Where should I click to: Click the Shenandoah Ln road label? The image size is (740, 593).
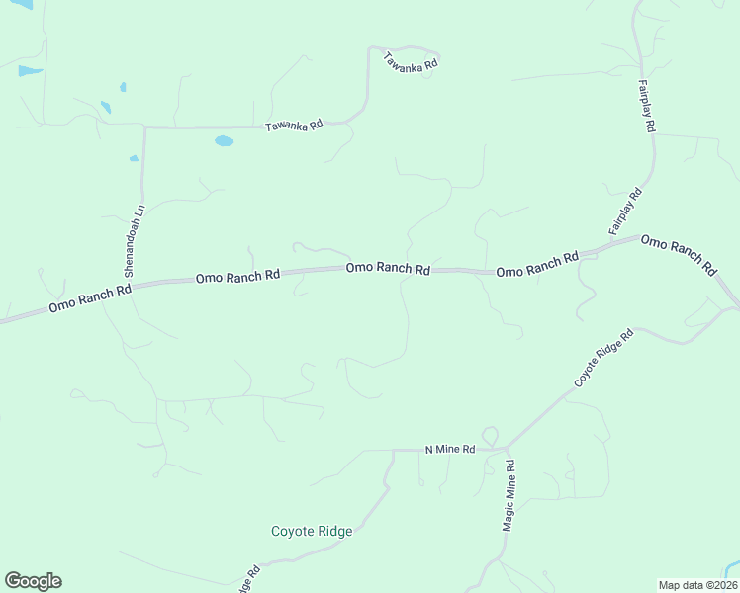[x=136, y=240]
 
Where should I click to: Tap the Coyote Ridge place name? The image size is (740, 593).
[x=312, y=531]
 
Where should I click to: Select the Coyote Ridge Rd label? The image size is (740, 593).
[x=604, y=359]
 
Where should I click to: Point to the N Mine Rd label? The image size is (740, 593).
[x=450, y=449]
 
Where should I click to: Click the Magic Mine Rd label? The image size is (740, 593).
[x=509, y=495]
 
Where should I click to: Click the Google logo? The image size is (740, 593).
[x=33, y=581]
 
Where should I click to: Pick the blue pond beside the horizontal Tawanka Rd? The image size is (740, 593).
[x=225, y=141]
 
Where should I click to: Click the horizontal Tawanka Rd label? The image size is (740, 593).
[x=295, y=126]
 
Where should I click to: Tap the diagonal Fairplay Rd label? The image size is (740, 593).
[x=625, y=212]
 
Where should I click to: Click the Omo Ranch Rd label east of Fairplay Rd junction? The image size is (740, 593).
[x=679, y=254]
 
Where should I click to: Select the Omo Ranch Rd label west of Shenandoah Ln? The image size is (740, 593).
[x=90, y=299]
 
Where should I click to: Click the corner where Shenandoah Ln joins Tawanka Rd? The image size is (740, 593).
[x=144, y=127]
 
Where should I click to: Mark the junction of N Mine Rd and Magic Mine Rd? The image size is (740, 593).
[x=507, y=450]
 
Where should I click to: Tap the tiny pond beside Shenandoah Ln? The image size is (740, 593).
[x=134, y=157]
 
